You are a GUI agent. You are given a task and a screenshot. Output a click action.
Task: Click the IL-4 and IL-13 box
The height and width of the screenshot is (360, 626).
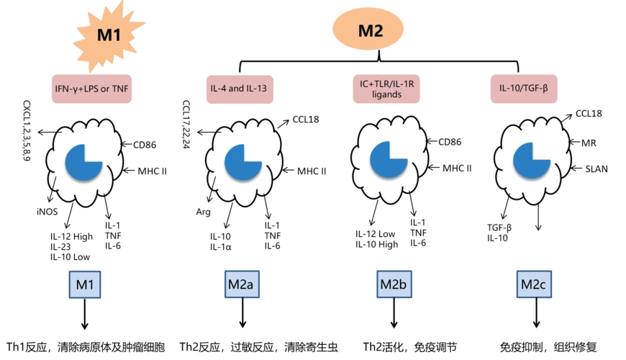[240, 90]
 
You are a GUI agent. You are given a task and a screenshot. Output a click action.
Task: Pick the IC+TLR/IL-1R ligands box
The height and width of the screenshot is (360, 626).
[387, 89]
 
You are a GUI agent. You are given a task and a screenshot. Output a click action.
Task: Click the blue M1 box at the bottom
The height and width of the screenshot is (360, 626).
[86, 285]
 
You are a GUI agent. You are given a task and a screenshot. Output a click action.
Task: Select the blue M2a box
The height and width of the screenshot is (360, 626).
[240, 285]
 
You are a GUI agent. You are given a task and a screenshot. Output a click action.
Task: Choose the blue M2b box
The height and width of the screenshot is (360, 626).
[394, 285]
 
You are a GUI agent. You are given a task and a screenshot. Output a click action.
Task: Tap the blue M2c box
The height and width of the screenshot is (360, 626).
[532, 285]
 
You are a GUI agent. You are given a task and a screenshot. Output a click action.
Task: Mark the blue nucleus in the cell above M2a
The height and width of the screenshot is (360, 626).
[242, 163]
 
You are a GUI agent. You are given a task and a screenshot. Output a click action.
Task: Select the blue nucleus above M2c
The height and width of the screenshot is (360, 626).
[532, 163]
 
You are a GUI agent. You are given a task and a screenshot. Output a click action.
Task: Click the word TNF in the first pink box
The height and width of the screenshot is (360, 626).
[120, 90]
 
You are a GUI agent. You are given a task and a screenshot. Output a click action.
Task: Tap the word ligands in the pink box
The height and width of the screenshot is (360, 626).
[387, 95]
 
